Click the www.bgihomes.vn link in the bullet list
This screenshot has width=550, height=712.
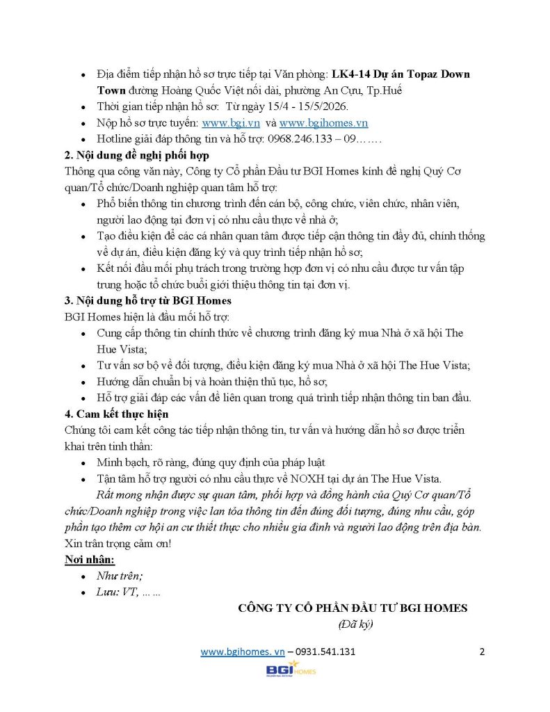click(x=323, y=123)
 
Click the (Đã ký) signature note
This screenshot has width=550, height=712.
click(x=355, y=624)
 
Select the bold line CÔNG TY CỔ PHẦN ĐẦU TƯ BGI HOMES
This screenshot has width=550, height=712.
click(x=353, y=608)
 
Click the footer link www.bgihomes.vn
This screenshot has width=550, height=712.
click(x=243, y=652)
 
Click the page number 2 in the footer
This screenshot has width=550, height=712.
click(x=482, y=652)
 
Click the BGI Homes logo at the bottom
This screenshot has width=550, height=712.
click(x=291, y=670)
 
